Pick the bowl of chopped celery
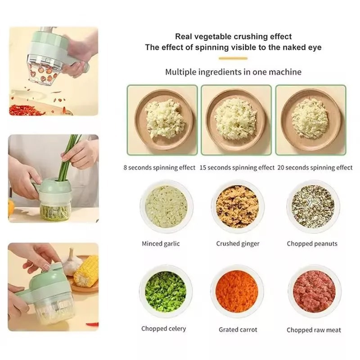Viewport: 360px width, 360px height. (x=166, y=291)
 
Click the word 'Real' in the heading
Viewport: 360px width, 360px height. (x=184, y=37)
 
